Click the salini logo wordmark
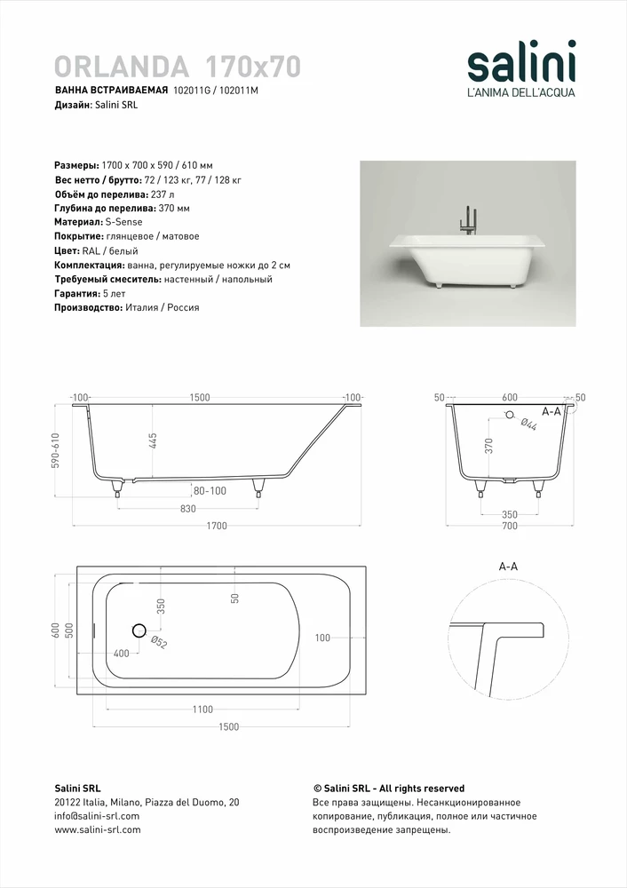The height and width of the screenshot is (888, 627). (x=521, y=64)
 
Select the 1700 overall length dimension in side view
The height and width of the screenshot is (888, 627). (x=217, y=526)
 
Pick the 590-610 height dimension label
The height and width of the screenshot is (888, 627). (x=56, y=451)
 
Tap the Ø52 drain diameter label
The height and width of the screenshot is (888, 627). (x=160, y=642)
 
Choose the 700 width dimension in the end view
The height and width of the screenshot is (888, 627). (x=509, y=527)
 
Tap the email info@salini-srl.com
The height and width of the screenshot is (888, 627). (x=97, y=815)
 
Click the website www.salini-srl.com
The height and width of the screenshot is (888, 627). (x=98, y=829)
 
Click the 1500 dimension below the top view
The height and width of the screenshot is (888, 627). (x=228, y=727)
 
